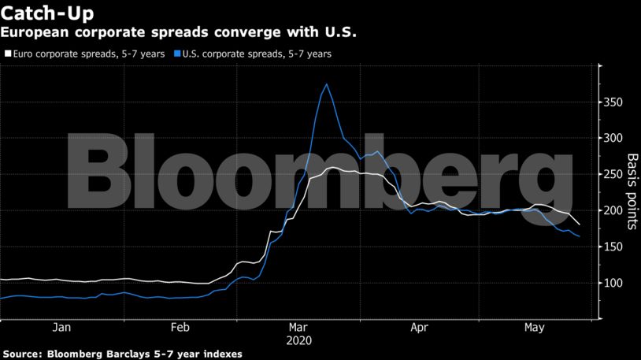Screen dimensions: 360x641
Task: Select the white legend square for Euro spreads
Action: [9, 54]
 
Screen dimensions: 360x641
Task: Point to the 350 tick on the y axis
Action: [613, 102]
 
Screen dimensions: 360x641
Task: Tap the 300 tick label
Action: [613, 139]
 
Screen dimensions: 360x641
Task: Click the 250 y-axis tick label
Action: [613, 175]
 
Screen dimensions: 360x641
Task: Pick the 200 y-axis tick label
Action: [613, 211]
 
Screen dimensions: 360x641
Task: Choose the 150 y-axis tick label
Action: [613, 247]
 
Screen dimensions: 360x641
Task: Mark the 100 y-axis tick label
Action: [613, 284]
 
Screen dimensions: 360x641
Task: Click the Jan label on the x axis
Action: [61, 327]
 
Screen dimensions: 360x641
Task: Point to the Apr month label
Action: [419, 327]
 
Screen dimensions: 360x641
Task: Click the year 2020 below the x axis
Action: [300, 340]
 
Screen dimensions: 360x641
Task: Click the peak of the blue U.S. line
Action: [327, 84]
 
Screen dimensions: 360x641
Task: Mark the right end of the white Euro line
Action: [580, 225]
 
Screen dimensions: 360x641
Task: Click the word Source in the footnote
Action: [21, 354]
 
